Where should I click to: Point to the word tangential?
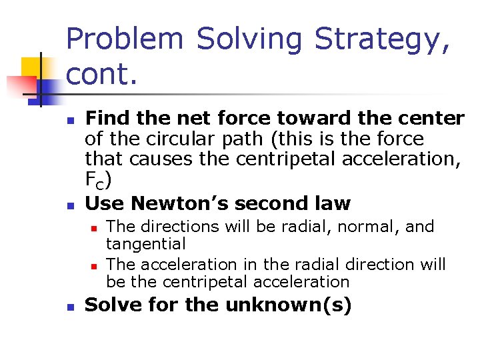(x=146, y=244)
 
